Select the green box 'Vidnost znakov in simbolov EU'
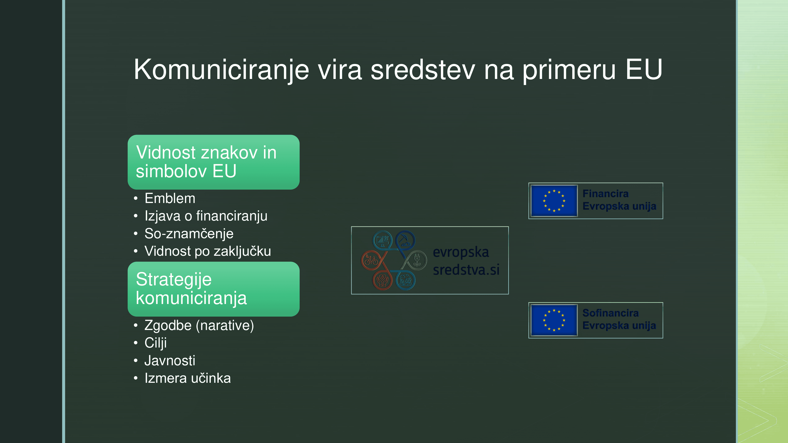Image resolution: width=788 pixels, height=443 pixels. point(214,162)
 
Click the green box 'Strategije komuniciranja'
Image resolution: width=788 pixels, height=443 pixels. point(214,289)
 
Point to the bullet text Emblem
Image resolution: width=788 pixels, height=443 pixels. point(170,198)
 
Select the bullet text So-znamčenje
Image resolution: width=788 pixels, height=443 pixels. point(189,234)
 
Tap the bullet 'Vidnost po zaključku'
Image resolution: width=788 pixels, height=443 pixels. point(208,251)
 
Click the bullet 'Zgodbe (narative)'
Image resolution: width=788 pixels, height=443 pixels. point(199,325)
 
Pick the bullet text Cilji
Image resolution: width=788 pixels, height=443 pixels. point(156,343)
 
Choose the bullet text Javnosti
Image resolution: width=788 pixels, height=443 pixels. point(170,361)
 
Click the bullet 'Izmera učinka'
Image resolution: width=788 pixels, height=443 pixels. point(188,378)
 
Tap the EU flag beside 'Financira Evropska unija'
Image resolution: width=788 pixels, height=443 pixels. point(554,201)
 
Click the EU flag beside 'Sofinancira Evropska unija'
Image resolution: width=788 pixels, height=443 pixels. point(554,320)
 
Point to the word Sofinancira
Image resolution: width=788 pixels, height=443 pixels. point(611,313)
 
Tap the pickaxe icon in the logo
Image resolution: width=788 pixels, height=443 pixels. point(405,240)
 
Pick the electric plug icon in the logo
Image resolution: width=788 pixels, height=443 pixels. point(417,260)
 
